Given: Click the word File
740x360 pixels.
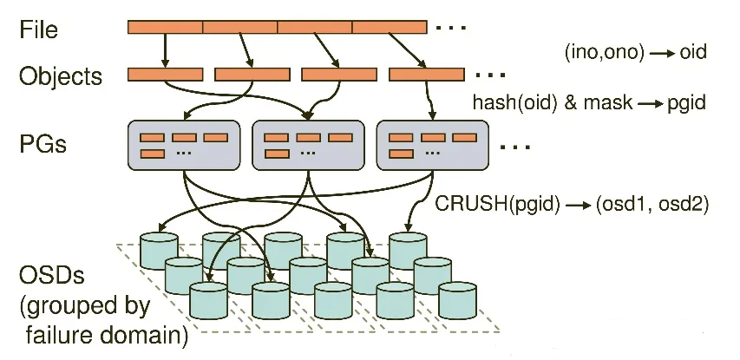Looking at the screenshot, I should click(39, 29).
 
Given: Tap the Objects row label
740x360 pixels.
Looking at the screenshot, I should click(61, 76).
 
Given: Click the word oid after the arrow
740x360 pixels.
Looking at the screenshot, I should click(693, 53).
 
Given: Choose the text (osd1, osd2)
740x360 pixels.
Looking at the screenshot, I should click(652, 206).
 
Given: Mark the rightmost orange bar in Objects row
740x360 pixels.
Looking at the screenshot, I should click(427, 75).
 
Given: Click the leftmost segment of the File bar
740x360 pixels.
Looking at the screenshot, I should click(165, 27).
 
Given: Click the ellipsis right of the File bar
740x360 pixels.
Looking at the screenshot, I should click(452, 28).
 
